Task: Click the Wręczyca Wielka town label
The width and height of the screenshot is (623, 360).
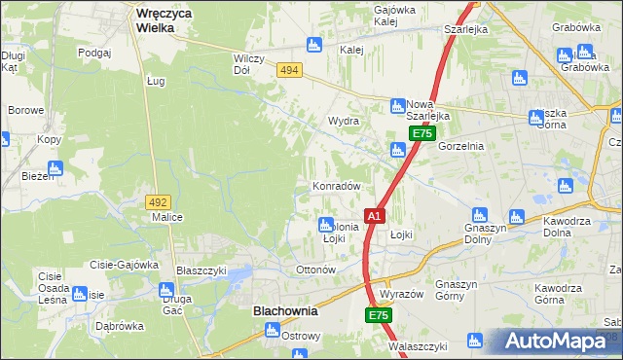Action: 164,20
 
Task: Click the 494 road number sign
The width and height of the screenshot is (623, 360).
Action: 288,71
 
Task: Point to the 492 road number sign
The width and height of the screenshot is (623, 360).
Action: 159,201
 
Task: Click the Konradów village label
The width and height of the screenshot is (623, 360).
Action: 337,186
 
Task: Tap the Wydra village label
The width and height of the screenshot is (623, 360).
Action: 345,122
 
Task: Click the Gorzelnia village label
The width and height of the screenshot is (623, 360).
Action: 461,146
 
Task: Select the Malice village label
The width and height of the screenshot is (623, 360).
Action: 167,218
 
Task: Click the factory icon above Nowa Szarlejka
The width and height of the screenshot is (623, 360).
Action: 398,105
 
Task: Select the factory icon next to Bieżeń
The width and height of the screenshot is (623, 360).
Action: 55,167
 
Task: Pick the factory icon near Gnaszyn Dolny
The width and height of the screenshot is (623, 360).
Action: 479,215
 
